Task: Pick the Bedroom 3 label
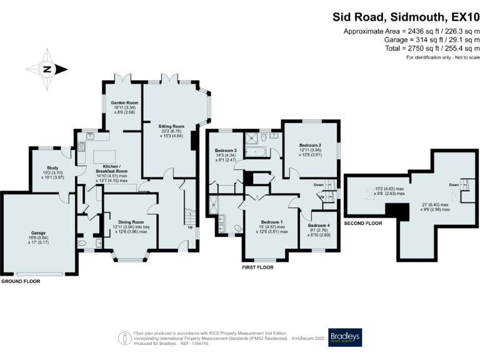tap(226, 151)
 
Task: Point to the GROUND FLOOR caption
tap(21, 281)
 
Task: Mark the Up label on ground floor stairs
tap(190, 227)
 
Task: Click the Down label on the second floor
tap(454, 186)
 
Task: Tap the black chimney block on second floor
tap(396, 212)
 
